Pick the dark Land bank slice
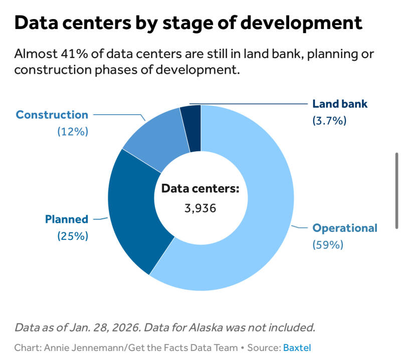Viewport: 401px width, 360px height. click(191, 128)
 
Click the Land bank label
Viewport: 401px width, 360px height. click(340, 104)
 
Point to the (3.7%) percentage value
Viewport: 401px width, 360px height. click(329, 121)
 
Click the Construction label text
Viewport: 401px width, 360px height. click(52, 115)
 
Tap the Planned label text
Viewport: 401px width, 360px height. click(67, 219)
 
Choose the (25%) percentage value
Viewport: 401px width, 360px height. click(73, 235)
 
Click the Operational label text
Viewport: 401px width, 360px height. click(345, 228)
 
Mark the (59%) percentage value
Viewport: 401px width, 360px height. click(328, 245)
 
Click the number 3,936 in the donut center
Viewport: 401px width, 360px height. click(200, 208)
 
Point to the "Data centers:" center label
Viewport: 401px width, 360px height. click(200, 189)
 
